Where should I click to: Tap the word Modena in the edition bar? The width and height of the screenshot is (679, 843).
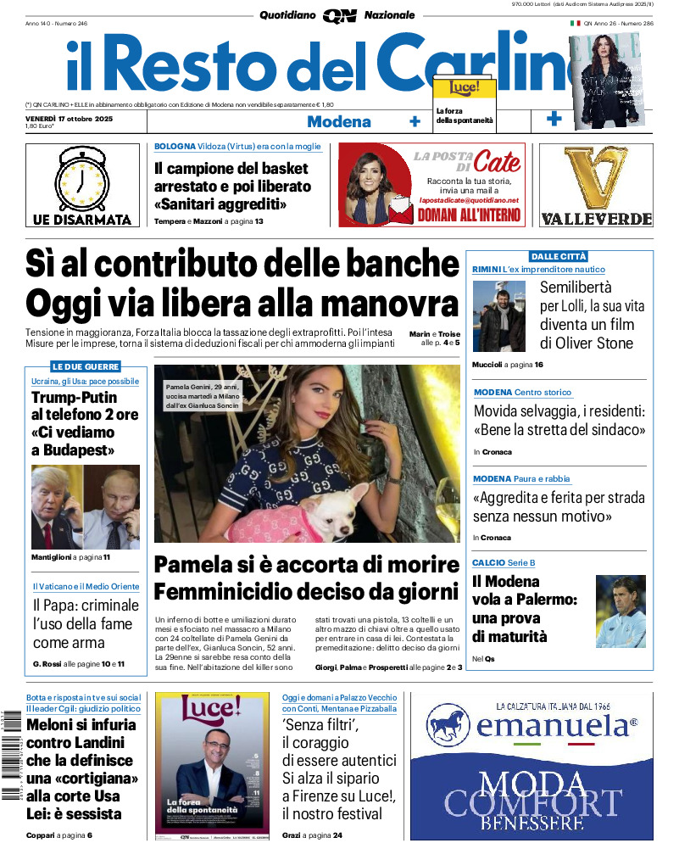click(338, 121)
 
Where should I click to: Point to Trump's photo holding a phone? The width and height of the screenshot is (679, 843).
click(56, 507)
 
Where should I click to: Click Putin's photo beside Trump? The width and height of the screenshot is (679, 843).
click(113, 507)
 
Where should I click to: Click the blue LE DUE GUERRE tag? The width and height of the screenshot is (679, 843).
click(85, 367)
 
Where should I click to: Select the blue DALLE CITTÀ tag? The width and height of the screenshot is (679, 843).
click(558, 256)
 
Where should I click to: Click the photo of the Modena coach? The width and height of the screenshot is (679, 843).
click(621, 611)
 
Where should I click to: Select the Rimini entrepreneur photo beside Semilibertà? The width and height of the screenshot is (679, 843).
click(499, 316)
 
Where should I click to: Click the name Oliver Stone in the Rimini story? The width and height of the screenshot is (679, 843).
click(596, 343)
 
